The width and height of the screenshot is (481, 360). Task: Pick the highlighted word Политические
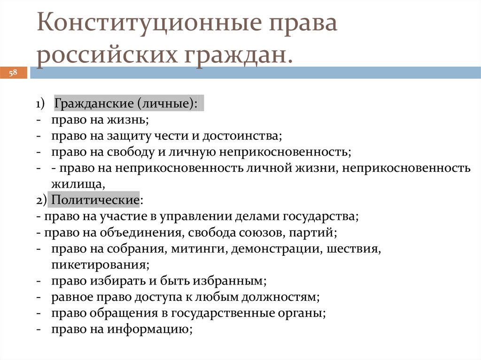(x=95, y=199)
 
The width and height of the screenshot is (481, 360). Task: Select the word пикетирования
(x=101, y=264)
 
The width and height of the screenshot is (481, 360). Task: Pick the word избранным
(x=235, y=281)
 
